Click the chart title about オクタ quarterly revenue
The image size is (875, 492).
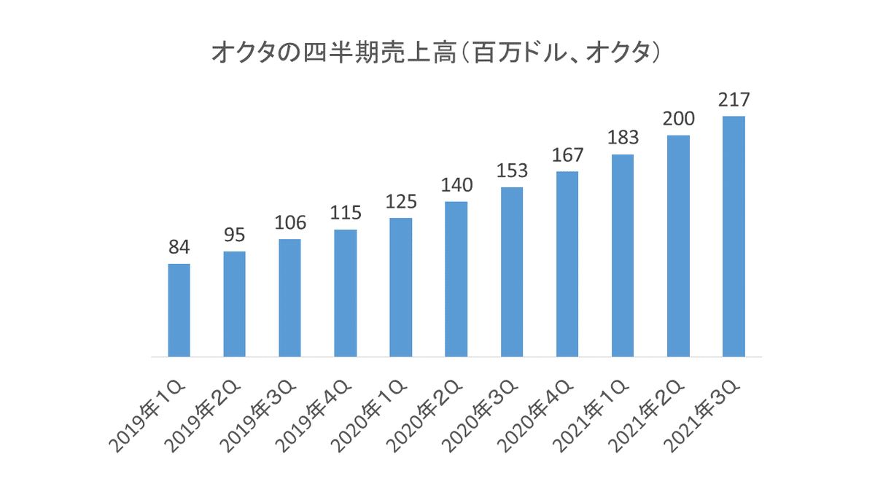point(437,53)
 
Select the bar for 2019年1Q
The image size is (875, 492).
point(179,310)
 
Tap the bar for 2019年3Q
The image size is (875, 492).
point(289,297)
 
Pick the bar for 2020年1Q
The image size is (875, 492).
point(400,287)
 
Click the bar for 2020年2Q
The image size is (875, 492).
point(456,279)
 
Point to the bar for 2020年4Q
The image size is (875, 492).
point(567,264)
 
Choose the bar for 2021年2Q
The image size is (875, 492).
point(678,246)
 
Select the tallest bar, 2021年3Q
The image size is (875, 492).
point(734,236)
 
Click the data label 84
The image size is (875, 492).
point(179,248)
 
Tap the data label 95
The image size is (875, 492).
point(234,235)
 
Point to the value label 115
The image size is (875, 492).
point(345,214)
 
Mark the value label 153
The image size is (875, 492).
point(511,171)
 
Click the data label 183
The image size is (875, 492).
point(622,138)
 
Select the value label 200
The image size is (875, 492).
point(678,119)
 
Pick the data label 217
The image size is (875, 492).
point(734,100)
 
